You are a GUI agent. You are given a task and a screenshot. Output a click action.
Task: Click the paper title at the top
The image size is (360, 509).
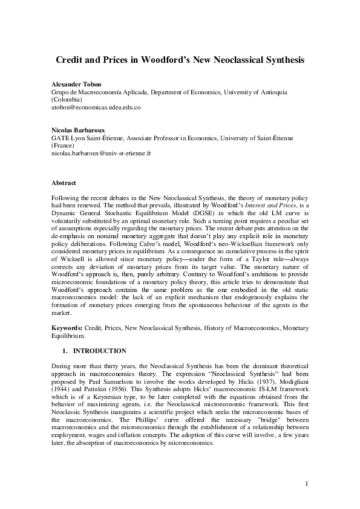coord(180,60)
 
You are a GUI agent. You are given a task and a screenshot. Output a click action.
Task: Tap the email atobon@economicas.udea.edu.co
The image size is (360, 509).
coord(96,107)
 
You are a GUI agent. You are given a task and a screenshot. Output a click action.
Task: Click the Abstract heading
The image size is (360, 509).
coord(64,181)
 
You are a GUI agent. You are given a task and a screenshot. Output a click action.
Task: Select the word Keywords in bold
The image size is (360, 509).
coord(67,328)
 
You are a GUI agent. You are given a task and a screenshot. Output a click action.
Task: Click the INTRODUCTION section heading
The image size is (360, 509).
coord(99,351)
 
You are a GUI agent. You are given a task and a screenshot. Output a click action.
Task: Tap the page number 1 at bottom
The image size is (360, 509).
coord(307,484)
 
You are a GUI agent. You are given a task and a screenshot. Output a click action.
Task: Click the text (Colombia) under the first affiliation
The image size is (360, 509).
coord(68,99)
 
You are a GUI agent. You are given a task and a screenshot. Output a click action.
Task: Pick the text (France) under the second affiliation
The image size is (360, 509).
coord(64,146)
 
